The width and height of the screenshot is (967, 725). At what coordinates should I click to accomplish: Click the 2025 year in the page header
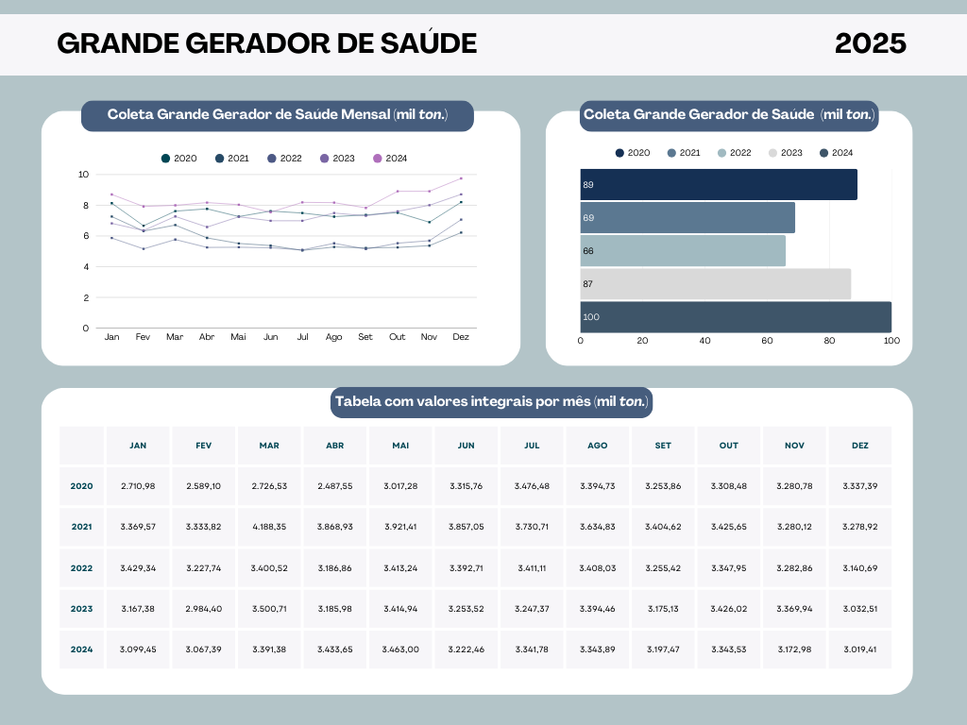pyautogui.click(x=870, y=43)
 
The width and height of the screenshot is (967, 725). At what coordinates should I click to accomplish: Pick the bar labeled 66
pyautogui.click(x=682, y=251)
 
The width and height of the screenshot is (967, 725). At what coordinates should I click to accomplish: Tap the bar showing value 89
pyautogui.click(x=718, y=185)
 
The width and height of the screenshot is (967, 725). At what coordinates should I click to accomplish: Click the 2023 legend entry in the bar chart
pyautogui.click(x=785, y=153)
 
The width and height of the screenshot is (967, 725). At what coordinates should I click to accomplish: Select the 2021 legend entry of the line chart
pyautogui.click(x=232, y=159)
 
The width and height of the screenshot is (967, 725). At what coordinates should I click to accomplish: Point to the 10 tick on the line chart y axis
pyautogui.click(x=84, y=175)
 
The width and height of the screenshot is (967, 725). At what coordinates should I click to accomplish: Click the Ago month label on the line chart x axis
pyautogui.click(x=333, y=337)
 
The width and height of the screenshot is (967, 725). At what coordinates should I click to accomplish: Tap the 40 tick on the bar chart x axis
pyautogui.click(x=704, y=341)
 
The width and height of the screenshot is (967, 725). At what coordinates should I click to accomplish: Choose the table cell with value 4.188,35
pyautogui.click(x=269, y=527)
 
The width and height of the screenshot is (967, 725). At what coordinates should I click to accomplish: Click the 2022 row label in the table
pyautogui.click(x=81, y=568)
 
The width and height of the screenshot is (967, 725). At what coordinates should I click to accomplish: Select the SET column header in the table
pyautogui.click(x=663, y=446)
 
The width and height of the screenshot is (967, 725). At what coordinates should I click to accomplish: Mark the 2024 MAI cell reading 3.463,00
pyautogui.click(x=400, y=649)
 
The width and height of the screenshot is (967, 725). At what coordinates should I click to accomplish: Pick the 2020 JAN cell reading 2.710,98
pyautogui.click(x=138, y=486)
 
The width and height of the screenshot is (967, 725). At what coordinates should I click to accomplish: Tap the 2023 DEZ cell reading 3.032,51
pyautogui.click(x=859, y=609)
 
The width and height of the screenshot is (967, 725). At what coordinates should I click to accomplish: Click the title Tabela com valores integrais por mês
pyautogui.click(x=491, y=402)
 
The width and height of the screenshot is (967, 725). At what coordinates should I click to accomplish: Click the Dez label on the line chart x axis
pyautogui.click(x=461, y=337)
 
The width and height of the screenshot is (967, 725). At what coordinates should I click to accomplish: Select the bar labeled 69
pyautogui.click(x=687, y=218)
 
